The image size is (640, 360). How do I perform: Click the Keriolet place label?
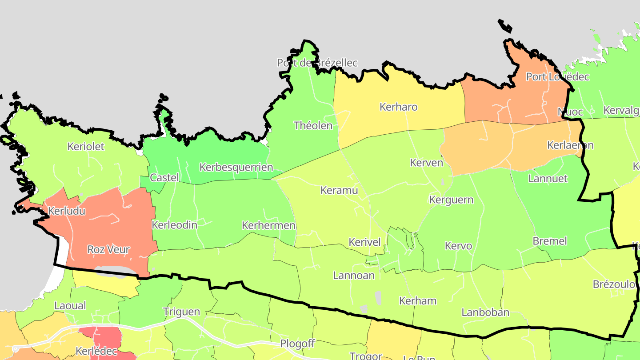point(86,147)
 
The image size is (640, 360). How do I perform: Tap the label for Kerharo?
point(399,107)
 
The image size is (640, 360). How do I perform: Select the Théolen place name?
point(313,126)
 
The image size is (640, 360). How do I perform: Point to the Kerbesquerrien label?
point(236,168)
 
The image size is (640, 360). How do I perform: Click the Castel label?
point(164,178)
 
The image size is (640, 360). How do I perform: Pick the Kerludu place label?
point(67,211)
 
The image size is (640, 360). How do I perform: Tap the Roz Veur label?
point(108,250)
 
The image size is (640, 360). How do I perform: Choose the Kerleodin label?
point(175,225)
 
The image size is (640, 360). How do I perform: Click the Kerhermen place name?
point(268,226)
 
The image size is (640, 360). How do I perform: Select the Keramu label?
point(339,191)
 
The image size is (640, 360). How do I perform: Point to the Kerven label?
point(427,163)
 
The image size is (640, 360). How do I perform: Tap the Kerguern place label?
point(451,200)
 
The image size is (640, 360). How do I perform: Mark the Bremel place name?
point(550,241)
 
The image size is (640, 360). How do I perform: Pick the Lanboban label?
point(485,312)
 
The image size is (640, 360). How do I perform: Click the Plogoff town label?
point(297,344)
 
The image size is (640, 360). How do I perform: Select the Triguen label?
point(181,312)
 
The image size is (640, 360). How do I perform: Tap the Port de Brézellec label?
point(317,63)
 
